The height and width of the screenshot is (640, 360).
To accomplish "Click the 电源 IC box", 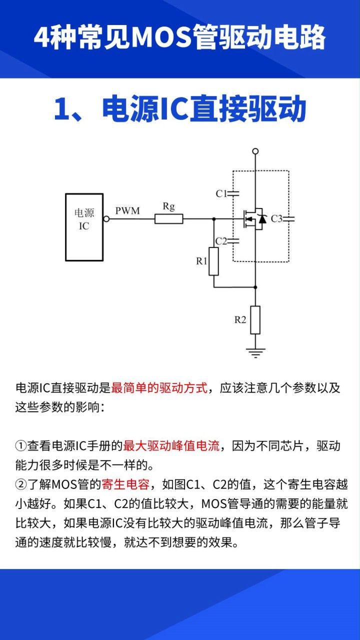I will point(84,227).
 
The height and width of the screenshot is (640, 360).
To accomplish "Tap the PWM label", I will point(127,211).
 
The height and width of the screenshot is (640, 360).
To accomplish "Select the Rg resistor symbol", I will point(168,218).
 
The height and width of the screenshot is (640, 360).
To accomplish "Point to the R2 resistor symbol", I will point(255,320).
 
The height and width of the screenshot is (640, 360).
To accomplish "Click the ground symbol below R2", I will point(255,352).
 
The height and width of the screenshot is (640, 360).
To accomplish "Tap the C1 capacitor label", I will point(221,193).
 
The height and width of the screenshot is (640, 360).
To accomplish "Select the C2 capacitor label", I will point(221,241).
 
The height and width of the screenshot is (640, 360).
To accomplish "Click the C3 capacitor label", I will point(276,218).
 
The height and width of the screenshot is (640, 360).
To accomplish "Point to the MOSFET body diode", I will point(261,219).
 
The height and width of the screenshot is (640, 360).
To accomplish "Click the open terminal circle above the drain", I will point(255,151).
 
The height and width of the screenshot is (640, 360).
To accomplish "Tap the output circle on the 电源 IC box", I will point(106,219).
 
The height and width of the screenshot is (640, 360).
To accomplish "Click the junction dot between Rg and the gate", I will point(214,219).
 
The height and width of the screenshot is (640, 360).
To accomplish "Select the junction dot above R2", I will point(255,287).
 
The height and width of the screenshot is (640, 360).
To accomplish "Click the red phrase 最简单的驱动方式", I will point(159,388).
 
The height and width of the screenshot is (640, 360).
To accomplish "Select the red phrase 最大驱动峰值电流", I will point(171,446).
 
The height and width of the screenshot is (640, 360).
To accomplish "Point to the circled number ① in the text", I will point(21,446).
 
